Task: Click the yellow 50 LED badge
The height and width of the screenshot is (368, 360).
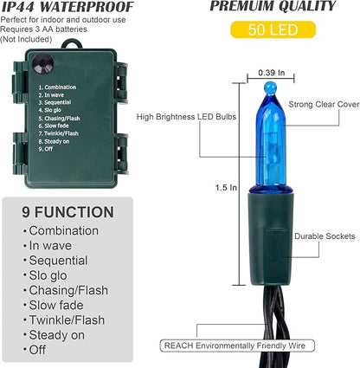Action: (x=273, y=29)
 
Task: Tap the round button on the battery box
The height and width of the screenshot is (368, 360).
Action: (x=42, y=63)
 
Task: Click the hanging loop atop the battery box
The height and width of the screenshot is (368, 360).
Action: (x=71, y=44)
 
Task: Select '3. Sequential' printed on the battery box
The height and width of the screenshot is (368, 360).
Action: (x=55, y=102)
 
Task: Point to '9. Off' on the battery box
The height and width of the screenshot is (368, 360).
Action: (x=46, y=149)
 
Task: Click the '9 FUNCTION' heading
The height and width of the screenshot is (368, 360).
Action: (x=67, y=212)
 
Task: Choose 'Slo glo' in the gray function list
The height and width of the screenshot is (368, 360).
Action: (x=48, y=275)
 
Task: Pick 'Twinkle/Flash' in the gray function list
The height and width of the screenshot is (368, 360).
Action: (x=67, y=320)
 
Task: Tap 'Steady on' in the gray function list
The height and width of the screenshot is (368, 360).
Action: (x=57, y=335)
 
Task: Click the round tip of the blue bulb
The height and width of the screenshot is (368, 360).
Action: (x=270, y=87)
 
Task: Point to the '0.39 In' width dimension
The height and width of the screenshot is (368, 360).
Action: (x=271, y=73)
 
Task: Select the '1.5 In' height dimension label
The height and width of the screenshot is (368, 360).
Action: (x=226, y=188)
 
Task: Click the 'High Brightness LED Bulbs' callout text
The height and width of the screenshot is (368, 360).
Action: (x=186, y=117)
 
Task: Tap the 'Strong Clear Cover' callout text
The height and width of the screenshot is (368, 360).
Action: (x=324, y=105)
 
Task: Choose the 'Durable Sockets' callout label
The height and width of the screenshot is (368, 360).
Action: (x=325, y=236)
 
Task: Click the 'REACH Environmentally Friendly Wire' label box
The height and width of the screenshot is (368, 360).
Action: (x=237, y=345)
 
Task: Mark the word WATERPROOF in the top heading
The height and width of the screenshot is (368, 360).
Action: (x=87, y=7)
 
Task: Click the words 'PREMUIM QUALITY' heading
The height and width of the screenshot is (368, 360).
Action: (x=273, y=6)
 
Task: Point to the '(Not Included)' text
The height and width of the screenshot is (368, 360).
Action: (x=26, y=39)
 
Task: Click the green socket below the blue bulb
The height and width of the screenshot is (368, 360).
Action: (x=271, y=238)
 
